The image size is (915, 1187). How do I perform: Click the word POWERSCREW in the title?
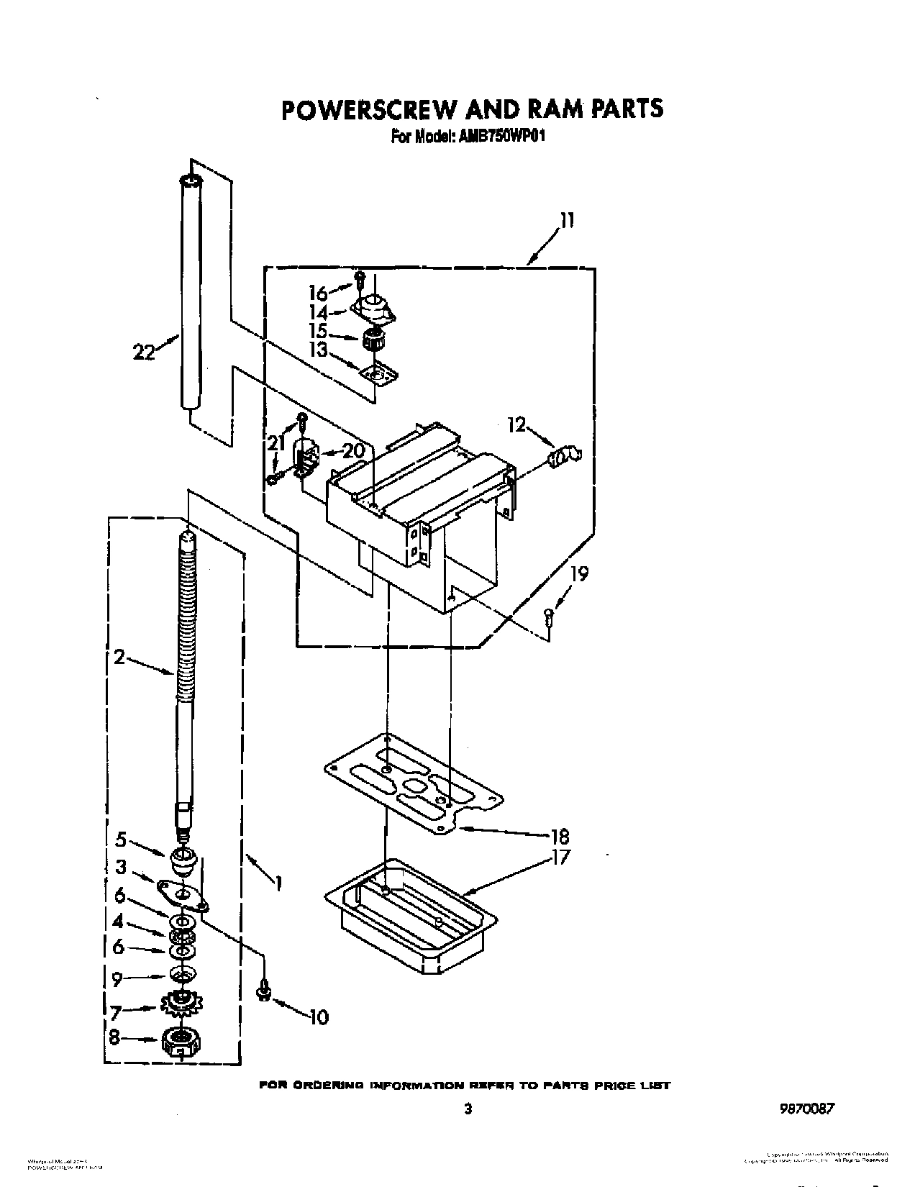point(368,109)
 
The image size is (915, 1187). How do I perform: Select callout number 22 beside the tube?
point(145,353)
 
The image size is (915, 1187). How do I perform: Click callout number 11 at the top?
point(567,220)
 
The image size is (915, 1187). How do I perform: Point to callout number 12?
point(517,424)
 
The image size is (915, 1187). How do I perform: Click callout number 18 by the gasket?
point(559,836)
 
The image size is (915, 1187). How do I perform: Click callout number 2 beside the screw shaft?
point(119,656)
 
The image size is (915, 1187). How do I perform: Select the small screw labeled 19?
point(549,616)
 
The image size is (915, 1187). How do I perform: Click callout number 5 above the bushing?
point(120,839)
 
